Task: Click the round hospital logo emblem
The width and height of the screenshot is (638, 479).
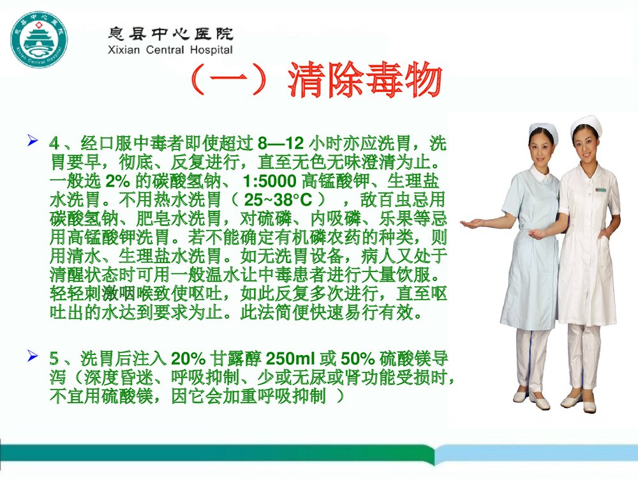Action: click(40, 40)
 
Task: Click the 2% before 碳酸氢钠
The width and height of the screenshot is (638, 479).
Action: click(117, 180)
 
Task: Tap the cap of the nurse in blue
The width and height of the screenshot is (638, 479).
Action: click(543, 130)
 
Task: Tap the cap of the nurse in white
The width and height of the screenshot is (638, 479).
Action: click(586, 123)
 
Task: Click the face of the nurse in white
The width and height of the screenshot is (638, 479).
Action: click(586, 144)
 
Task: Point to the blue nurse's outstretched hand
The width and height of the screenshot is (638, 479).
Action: click(471, 224)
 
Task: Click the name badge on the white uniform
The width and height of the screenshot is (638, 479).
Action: click(600, 190)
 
